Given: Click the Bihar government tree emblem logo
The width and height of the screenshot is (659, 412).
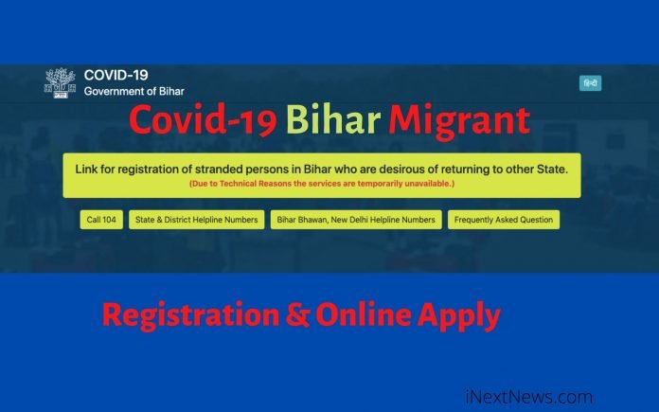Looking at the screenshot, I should pyautogui.click(x=60, y=82).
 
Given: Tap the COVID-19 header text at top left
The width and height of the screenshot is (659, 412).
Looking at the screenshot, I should pyautogui.click(x=116, y=75).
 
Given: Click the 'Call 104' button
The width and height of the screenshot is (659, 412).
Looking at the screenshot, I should pyautogui.click(x=100, y=220).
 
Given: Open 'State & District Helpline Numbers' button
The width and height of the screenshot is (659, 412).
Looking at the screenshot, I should pyautogui.click(x=196, y=220).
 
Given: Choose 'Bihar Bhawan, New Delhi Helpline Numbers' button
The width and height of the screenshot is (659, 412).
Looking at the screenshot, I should pyautogui.click(x=355, y=220).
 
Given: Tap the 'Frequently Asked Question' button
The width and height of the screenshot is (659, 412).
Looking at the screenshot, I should pyautogui.click(x=503, y=220).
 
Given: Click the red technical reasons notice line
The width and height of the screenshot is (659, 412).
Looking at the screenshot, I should pyautogui.click(x=322, y=183).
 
